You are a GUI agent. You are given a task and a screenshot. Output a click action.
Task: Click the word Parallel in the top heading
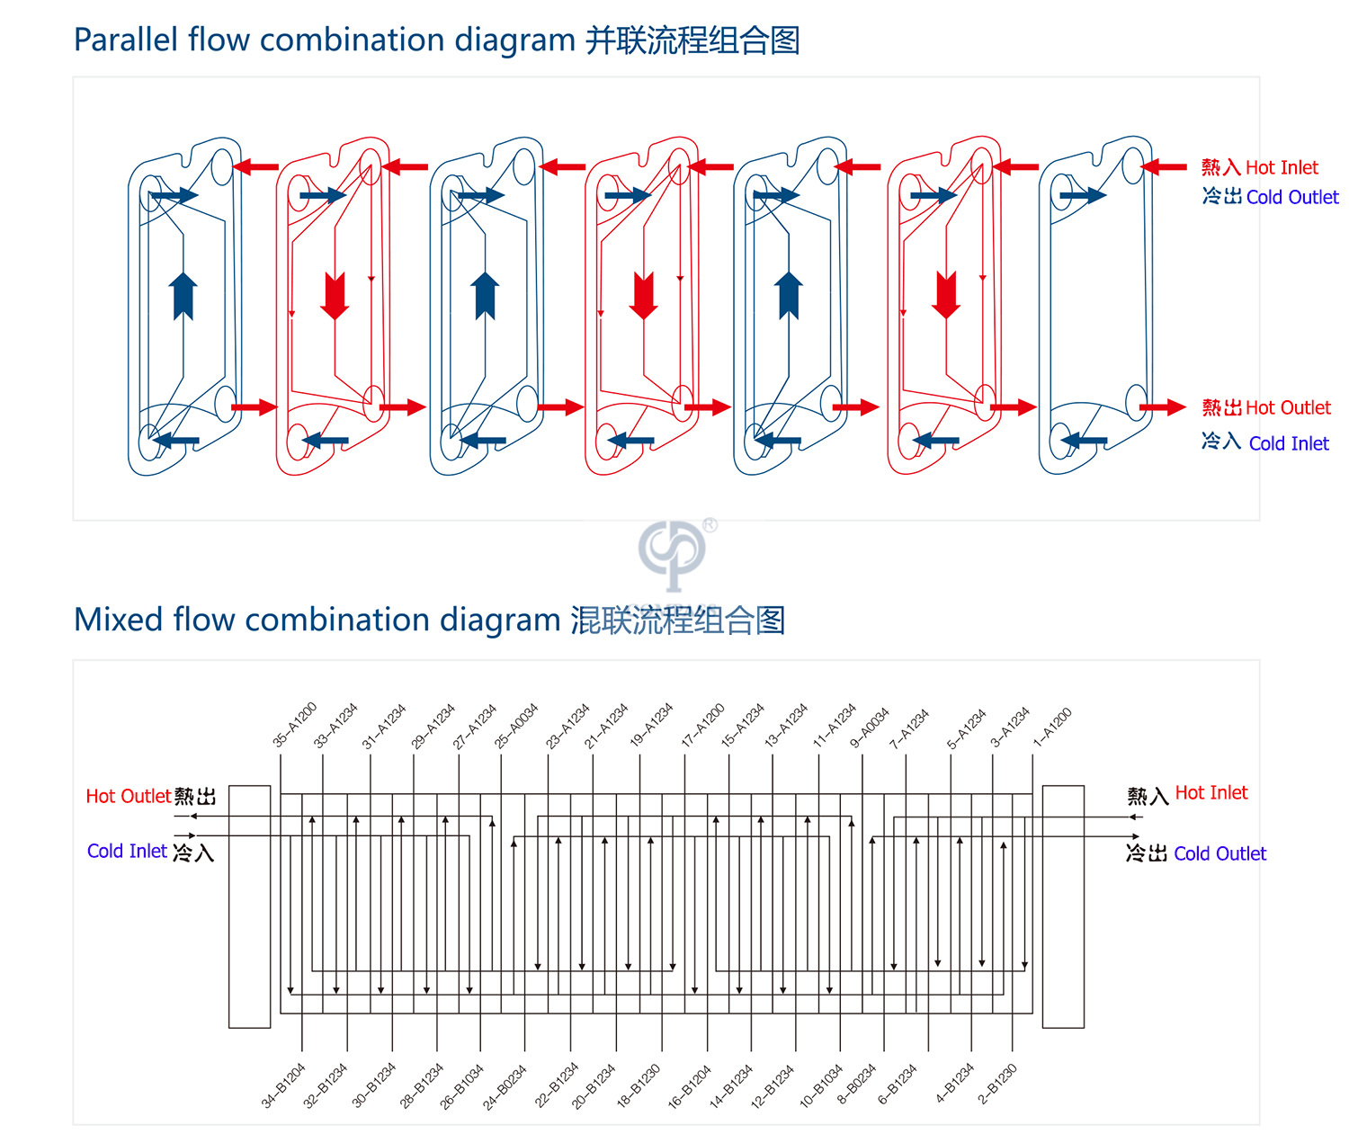(x=125, y=40)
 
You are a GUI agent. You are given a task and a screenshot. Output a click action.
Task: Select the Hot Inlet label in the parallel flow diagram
(x=1281, y=167)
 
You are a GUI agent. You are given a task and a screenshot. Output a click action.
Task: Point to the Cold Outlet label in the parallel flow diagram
(x=1291, y=197)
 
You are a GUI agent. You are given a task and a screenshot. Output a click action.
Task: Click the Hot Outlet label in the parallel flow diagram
(x=1287, y=407)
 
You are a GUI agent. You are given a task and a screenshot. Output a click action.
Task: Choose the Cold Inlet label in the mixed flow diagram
(x=127, y=851)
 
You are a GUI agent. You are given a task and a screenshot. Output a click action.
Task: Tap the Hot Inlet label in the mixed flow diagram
(x=1211, y=792)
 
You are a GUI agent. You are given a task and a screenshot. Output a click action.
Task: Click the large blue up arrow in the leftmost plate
(x=183, y=296)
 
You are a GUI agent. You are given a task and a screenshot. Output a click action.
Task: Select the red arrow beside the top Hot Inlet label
(x=1165, y=167)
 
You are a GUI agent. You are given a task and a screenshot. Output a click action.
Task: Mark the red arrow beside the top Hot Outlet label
(x=1163, y=407)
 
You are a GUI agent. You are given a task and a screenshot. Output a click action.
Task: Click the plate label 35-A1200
(x=295, y=725)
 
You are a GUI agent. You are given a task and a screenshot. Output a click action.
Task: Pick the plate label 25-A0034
(x=516, y=726)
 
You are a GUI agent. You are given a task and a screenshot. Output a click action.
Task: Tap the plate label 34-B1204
(x=283, y=1085)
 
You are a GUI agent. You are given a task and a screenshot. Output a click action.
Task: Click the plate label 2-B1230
(x=997, y=1084)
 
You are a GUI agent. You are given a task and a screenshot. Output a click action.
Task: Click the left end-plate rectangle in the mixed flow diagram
(x=250, y=906)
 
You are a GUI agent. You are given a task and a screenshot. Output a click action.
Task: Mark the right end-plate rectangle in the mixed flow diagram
(x=1063, y=906)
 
